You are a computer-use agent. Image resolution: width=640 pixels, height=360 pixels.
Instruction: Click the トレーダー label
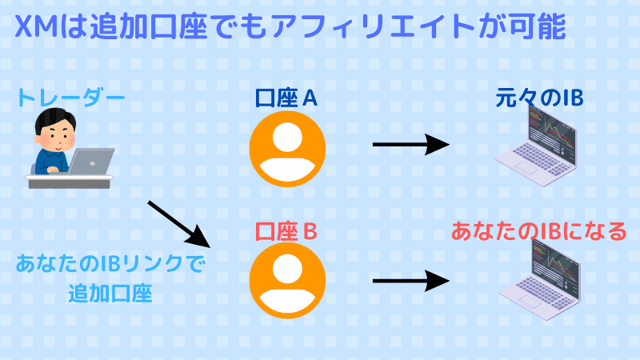point(71,99)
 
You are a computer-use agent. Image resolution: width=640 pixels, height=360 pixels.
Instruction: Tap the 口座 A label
point(286,98)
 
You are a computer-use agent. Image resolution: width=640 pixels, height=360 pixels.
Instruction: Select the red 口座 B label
point(286,232)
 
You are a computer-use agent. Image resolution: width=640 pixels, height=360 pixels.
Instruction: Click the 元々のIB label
point(539,98)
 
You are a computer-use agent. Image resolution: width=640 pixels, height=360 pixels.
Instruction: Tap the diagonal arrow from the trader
point(178,223)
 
